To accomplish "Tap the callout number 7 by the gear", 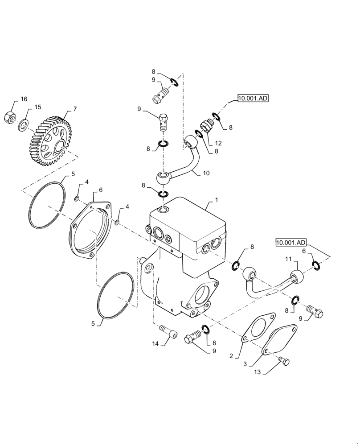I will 74,108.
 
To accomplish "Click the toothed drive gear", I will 49,140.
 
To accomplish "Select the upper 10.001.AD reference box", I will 253,99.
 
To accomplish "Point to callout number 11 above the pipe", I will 288,259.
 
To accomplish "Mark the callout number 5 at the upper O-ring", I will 74,173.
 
